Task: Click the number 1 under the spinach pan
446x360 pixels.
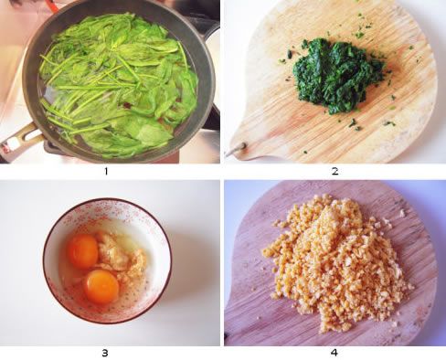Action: coord(106,172)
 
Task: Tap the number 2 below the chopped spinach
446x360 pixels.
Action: coord(334,172)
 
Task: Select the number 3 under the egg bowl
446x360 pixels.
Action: coord(105,353)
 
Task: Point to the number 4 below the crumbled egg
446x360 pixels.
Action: coord(334,353)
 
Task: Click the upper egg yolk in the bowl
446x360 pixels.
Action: coord(82,251)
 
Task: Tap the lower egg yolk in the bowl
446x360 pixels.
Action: coord(101,287)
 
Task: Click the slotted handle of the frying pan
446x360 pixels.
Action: coord(19,139)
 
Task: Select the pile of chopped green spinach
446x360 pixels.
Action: coord(337,75)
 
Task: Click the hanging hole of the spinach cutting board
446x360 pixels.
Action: coord(243,146)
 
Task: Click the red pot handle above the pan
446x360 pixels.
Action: coord(52,5)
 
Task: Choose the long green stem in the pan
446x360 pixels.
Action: coord(91,87)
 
